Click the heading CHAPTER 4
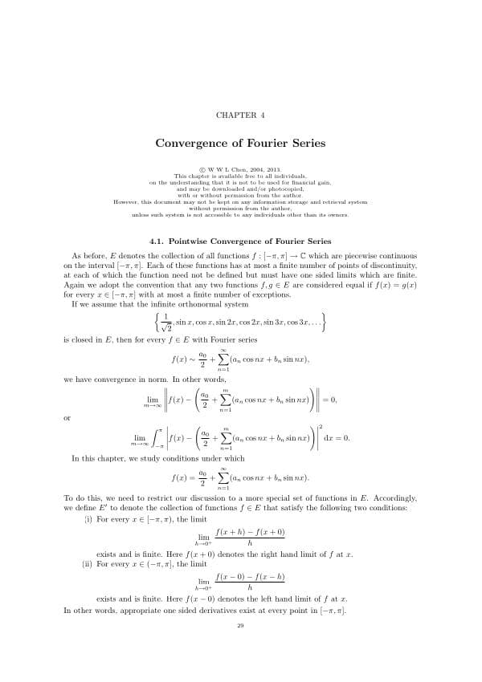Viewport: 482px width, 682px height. pos(240,116)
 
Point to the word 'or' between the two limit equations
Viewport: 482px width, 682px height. pos(67,417)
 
